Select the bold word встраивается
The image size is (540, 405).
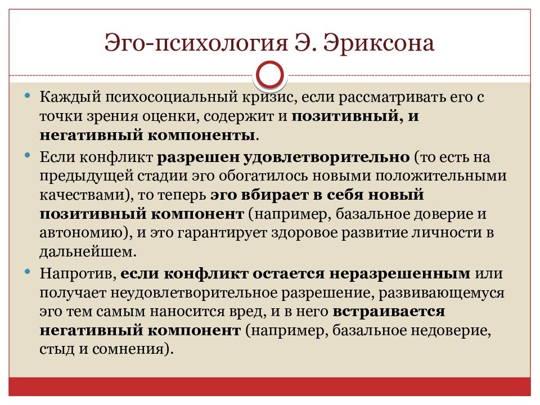pos(389,312)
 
